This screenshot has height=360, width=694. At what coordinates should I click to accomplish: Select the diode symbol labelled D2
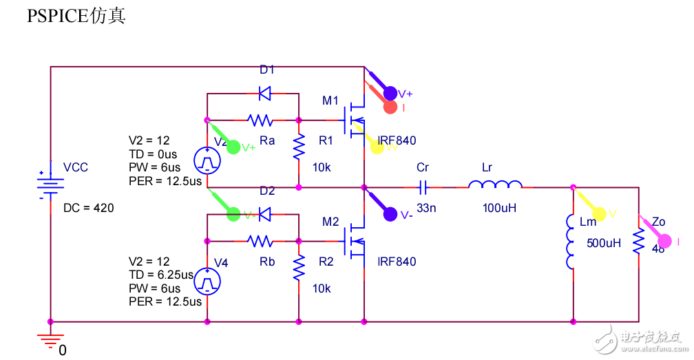263,213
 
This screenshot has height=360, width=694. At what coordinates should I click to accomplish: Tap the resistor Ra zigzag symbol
261,120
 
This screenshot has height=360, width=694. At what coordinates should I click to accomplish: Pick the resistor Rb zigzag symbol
261,241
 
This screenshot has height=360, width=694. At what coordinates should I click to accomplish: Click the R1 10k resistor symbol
299,146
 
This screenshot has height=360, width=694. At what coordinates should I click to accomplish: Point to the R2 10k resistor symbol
299,267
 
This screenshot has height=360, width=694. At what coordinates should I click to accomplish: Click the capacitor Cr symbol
423,187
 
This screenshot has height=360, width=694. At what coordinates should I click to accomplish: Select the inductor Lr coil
495,185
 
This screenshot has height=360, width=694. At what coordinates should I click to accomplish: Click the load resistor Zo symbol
639,241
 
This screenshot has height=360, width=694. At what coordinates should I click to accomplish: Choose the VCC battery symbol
50,184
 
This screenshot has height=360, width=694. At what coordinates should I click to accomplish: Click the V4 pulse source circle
207,281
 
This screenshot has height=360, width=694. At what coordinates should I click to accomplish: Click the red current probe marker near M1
390,107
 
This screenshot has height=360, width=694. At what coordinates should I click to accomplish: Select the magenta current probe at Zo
664,241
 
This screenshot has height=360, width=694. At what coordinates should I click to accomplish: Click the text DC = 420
89,208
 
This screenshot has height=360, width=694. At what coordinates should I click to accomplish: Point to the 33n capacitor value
427,207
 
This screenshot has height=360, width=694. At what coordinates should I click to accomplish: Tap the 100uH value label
499,207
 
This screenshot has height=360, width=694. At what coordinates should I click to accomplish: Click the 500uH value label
604,243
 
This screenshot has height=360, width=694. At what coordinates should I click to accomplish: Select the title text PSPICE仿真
76,17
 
